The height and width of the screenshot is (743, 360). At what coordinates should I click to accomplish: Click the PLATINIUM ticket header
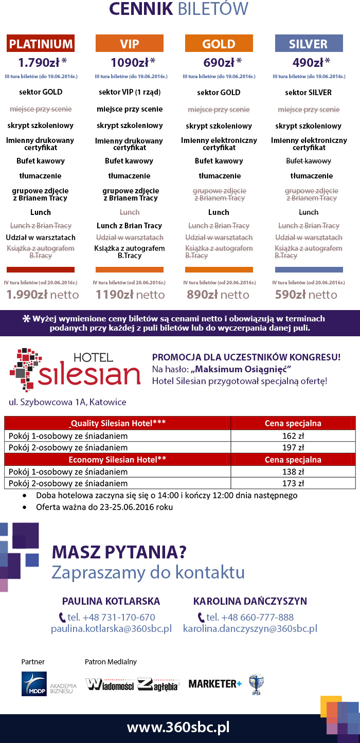[41, 44]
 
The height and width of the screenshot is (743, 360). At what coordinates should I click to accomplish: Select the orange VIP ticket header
[130, 44]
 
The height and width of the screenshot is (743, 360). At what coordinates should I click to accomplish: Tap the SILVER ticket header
[309, 44]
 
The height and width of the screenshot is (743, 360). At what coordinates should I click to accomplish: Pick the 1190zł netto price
[130, 295]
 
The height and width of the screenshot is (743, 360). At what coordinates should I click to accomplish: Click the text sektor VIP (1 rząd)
[130, 93]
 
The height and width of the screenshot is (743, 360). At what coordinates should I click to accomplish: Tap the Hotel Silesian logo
[75, 369]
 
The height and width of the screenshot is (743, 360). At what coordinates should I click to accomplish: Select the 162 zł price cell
[293, 436]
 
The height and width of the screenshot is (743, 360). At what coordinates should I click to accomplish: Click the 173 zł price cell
[293, 483]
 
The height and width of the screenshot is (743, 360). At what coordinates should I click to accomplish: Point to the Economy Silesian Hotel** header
[117, 459]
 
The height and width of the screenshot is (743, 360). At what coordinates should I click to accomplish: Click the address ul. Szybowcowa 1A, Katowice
[67, 402]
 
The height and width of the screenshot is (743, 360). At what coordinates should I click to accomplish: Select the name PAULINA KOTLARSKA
[111, 601]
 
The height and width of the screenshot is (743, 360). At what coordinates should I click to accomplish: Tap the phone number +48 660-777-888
[249, 617]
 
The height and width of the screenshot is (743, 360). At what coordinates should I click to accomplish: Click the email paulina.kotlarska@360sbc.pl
[111, 628]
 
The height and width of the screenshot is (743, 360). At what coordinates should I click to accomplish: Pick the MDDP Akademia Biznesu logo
[49, 684]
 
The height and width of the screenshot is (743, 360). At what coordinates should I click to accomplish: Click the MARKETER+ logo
[215, 683]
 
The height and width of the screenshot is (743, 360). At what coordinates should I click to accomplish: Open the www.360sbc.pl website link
[178, 728]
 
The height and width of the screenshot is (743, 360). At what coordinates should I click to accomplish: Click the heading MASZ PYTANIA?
[119, 553]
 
